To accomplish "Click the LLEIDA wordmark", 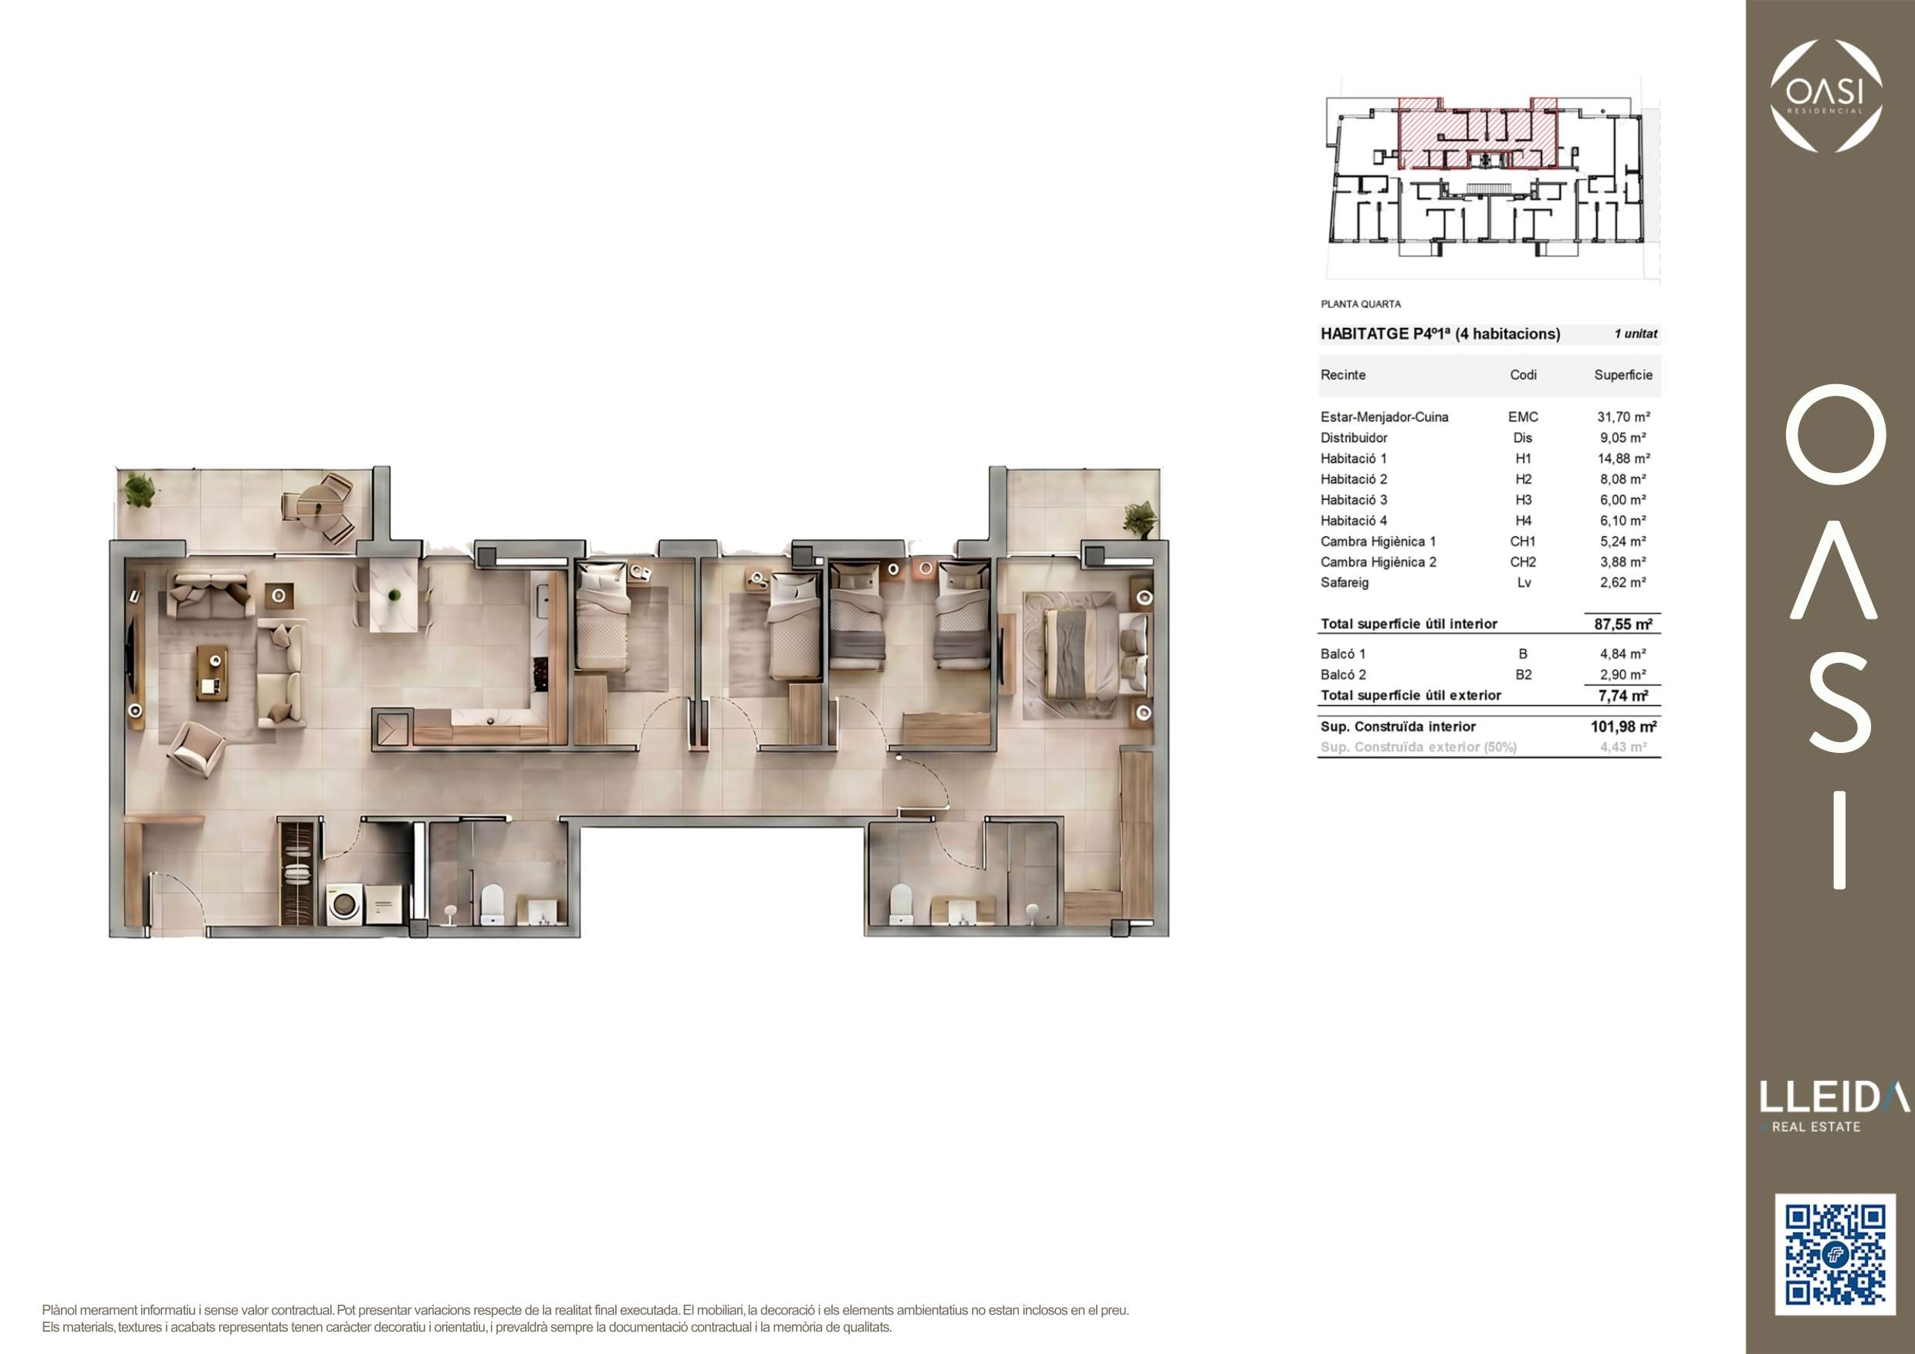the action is pyautogui.click(x=1834, y=1097).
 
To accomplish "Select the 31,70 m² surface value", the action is pyautogui.click(x=1623, y=417).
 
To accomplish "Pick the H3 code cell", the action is pyautogui.click(x=1523, y=500).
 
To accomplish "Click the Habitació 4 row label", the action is pyautogui.click(x=1354, y=521).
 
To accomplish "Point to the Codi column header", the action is pyautogui.click(x=1523, y=375).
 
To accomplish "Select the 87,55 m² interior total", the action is pyautogui.click(x=1623, y=624).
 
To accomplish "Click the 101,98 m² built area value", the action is pyautogui.click(x=1623, y=727).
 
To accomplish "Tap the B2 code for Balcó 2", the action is pyautogui.click(x=1523, y=675).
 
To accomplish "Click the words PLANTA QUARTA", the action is pyautogui.click(x=1360, y=304).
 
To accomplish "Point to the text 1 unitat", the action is pyautogui.click(x=1636, y=334).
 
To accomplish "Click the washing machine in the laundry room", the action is pyautogui.click(x=343, y=903).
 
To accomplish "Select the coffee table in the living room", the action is pyautogui.click(x=210, y=671).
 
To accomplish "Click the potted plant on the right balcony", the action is pyautogui.click(x=1139, y=518).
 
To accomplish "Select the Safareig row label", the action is pyautogui.click(x=1345, y=582).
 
